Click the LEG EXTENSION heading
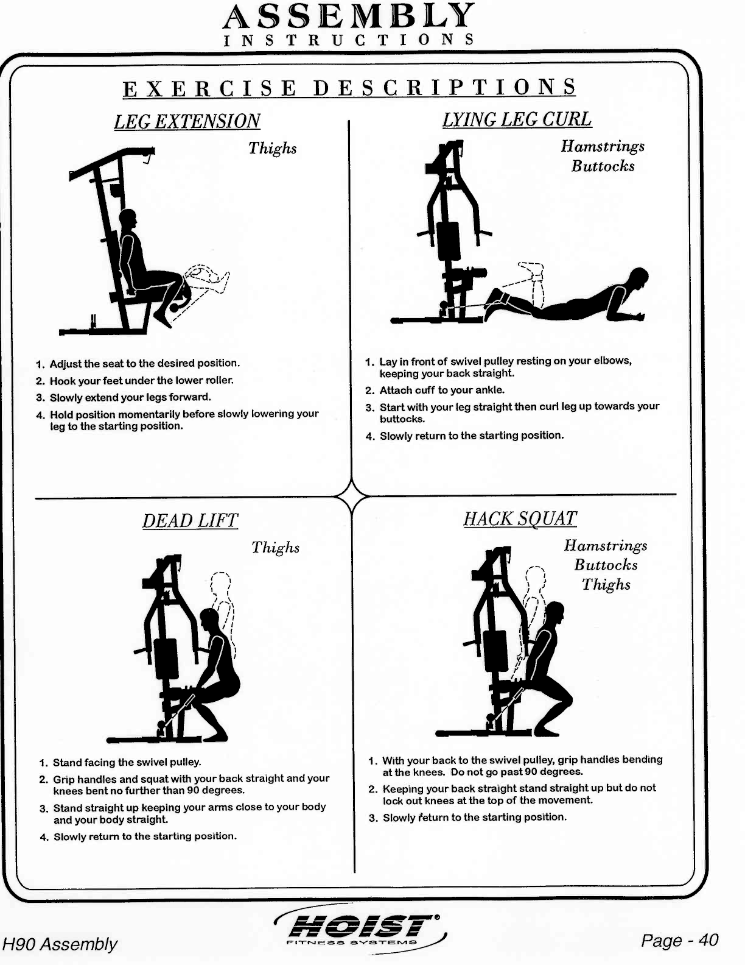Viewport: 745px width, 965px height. (187, 121)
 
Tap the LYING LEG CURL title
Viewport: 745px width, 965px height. (517, 119)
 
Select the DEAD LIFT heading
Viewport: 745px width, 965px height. (190, 521)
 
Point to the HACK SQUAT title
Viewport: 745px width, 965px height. (520, 518)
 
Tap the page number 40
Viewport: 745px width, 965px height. (708, 940)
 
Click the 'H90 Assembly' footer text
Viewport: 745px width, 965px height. (60, 944)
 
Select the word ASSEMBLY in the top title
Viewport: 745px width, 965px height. (348, 16)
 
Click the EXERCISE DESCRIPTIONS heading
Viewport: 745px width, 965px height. (349, 88)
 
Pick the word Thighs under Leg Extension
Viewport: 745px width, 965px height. (272, 148)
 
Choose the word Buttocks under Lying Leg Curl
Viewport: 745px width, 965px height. (603, 166)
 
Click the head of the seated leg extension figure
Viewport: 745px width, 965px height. (128, 219)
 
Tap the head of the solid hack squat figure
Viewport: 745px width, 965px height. (555, 612)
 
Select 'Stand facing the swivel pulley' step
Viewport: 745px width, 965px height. (127, 762)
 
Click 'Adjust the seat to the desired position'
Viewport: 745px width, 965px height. (144, 363)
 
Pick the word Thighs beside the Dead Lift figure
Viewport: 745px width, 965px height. (275, 547)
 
